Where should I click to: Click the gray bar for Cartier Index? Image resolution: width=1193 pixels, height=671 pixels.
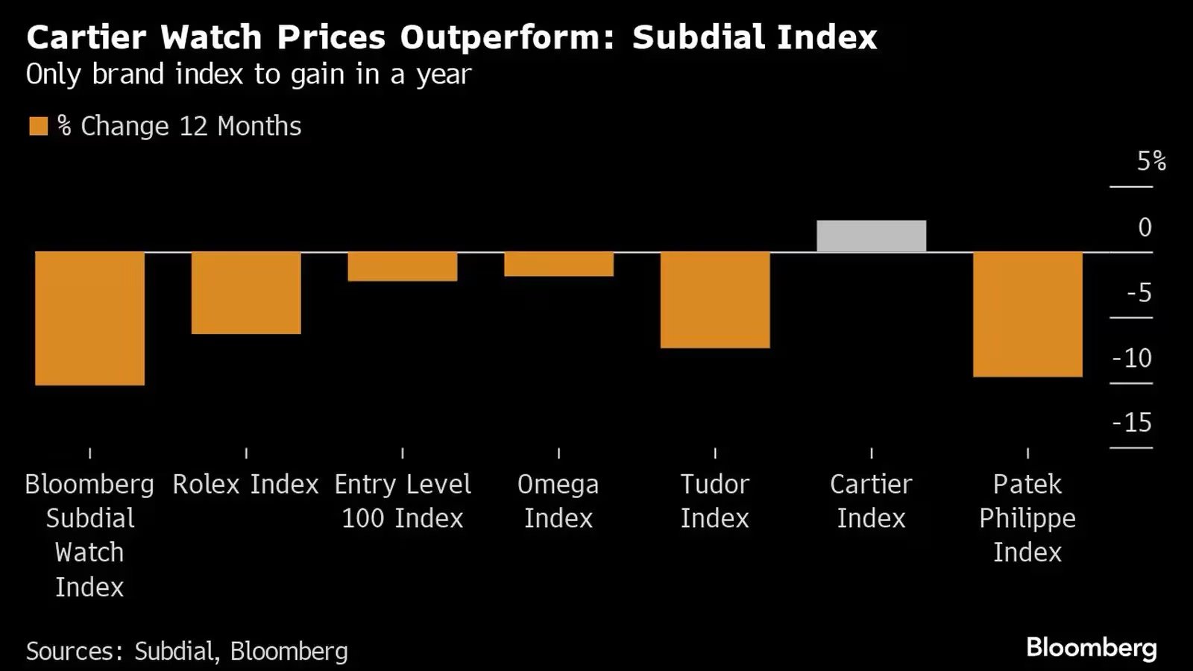[x=871, y=236]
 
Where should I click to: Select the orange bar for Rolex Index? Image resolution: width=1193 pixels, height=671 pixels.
[x=246, y=292]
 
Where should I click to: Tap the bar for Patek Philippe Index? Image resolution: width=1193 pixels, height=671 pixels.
[x=1027, y=314]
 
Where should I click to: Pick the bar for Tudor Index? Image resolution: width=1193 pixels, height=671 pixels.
[x=714, y=300]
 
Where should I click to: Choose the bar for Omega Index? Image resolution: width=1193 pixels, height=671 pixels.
[x=558, y=264]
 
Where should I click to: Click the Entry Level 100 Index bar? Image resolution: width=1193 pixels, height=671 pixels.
[x=402, y=266]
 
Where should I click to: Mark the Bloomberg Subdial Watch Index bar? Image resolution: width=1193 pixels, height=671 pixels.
[x=89, y=318]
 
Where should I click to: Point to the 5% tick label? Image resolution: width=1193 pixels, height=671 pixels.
[x=1150, y=161]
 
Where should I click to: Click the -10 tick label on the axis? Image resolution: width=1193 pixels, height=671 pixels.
[x=1132, y=358]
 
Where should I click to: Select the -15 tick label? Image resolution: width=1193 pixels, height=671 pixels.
[x=1132, y=423]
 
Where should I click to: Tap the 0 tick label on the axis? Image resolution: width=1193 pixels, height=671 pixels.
[x=1145, y=227]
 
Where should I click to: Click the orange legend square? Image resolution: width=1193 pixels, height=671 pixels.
[x=38, y=126]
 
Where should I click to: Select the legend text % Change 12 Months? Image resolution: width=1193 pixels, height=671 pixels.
[x=180, y=126]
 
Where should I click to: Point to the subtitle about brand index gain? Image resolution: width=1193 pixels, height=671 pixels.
[x=248, y=75]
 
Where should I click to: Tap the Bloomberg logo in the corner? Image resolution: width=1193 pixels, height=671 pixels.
[x=1091, y=647]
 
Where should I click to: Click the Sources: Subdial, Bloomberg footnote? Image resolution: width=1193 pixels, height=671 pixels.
[x=186, y=651]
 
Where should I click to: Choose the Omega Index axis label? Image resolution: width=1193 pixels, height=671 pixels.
[x=558, y=501]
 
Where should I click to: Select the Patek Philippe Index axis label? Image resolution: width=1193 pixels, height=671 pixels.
[x=1027, y=518]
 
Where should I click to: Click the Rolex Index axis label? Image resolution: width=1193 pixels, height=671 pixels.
[x=246, y=485]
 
